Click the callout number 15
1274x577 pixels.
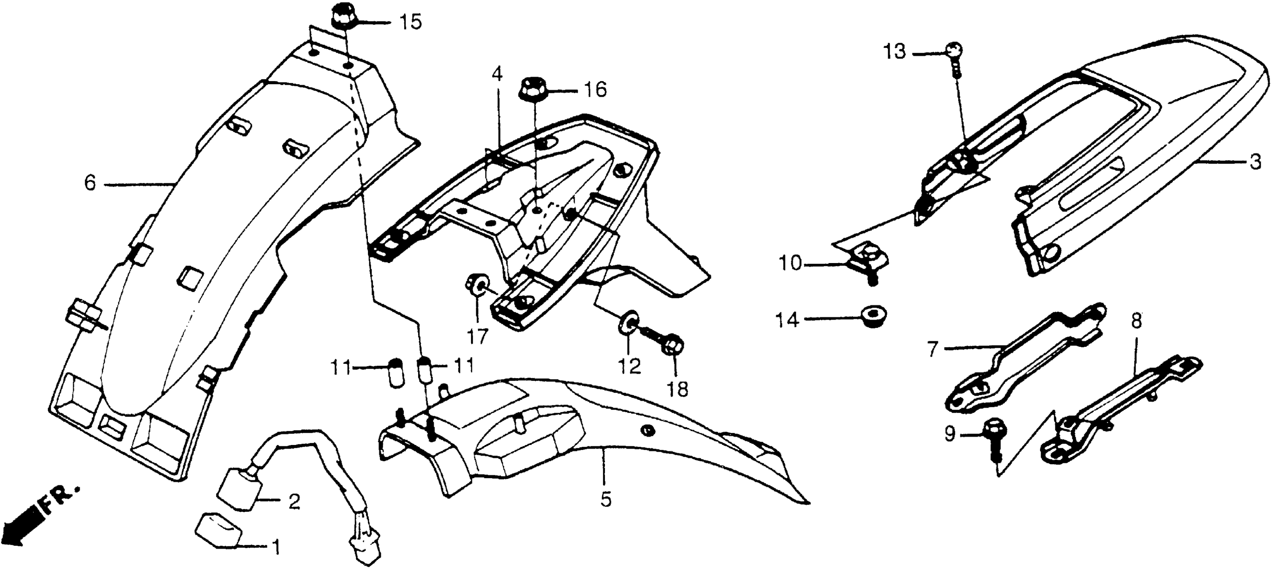point(411,22)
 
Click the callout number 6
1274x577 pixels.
point(90,184)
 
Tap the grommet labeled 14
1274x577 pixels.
point(874,315)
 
